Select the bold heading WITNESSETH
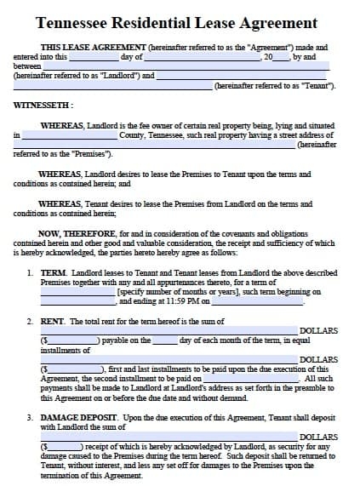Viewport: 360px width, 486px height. tap(43, 105)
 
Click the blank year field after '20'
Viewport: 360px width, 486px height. tap(282, 56)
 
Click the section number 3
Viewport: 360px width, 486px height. tap(29, 418)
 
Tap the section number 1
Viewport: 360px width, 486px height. tap(29, 274)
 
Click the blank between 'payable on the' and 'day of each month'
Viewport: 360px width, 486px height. tap(165, 340)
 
